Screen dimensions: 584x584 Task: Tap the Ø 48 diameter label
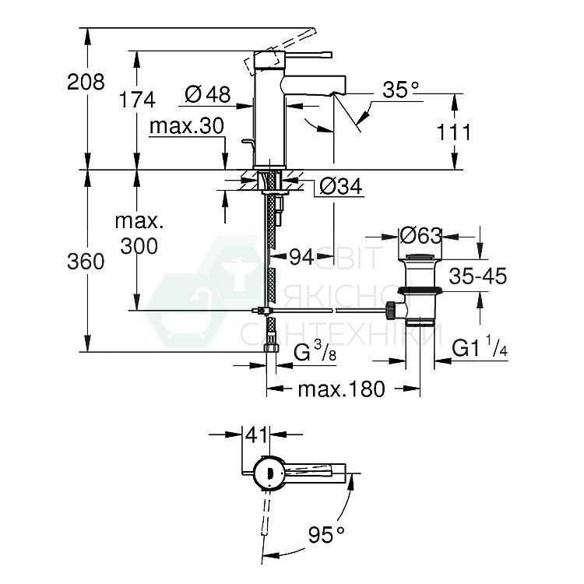208,95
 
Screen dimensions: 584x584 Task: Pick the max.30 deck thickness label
187,125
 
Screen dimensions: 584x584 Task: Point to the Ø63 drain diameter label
420,234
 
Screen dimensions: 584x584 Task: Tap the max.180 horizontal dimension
341,389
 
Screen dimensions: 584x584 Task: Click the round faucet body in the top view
266,471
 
